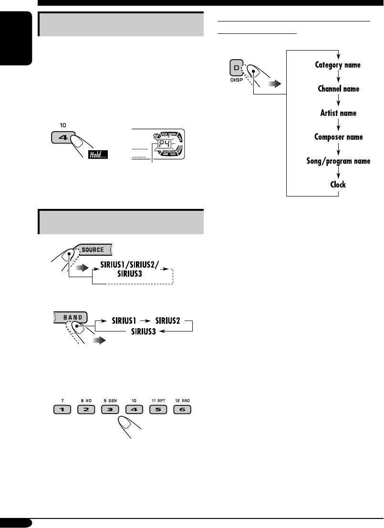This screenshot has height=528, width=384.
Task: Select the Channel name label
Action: point(338,89)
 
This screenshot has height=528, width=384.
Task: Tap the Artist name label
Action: point(338,113)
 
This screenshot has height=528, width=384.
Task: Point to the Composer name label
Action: point(338,137)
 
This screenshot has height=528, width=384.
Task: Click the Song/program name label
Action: point(338,161)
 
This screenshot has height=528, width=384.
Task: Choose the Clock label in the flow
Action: point(338,184)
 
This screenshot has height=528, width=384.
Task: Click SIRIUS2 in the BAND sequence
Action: point(164,321)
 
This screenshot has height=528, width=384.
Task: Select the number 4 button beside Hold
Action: point(61,139)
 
